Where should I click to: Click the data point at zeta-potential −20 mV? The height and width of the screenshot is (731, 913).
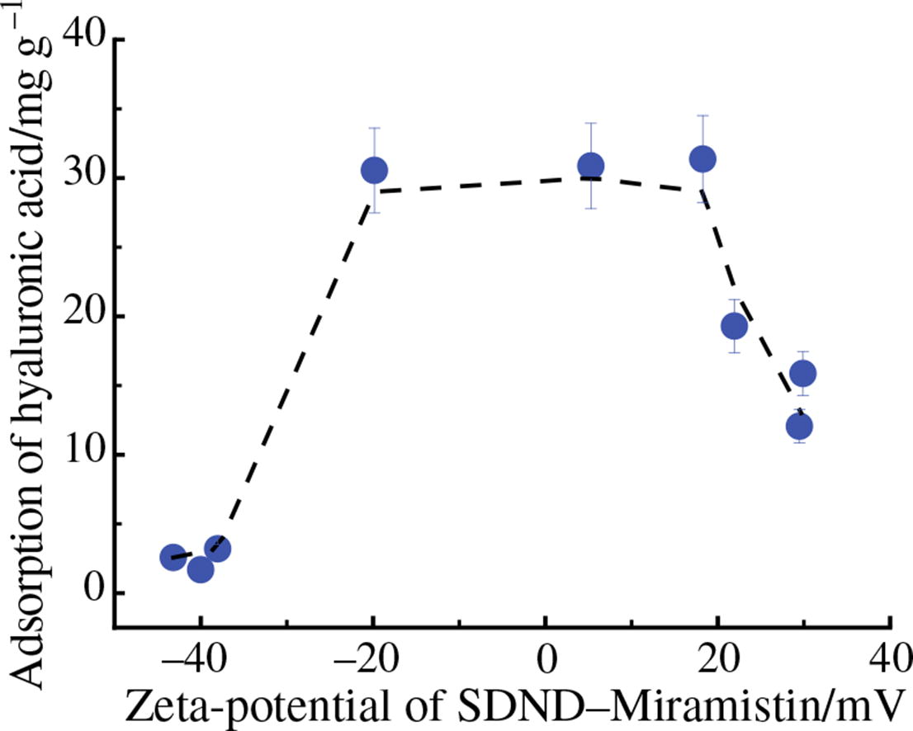[374, 171]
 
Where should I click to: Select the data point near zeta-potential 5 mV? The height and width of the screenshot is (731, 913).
[590, 166]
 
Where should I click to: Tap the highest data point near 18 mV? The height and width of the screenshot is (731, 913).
[702, 158]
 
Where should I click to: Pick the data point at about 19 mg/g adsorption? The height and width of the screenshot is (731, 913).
[734, 327]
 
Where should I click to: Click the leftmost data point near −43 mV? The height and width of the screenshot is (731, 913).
[173, 558]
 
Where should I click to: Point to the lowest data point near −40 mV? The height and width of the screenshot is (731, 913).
[200, 569]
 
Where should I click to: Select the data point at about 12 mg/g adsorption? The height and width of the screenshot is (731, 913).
[799, 427]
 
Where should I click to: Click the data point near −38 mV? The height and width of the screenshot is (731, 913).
[217, 549]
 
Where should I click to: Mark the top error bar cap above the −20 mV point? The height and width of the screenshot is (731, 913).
[374, 128]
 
